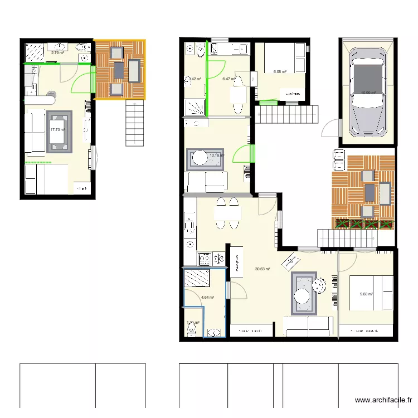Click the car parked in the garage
point(368,90)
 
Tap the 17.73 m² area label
point(57,130)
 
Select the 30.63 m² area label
point(263,269)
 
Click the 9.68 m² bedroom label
point(366,294)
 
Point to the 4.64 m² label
point(207,298)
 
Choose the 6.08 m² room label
point(279,72)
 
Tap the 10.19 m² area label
point(216,155)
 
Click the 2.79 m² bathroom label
point(57,53)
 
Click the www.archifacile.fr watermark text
point(385,400)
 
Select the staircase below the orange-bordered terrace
point(134,124)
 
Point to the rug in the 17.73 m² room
point(60,132)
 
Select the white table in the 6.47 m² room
point(239,95)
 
